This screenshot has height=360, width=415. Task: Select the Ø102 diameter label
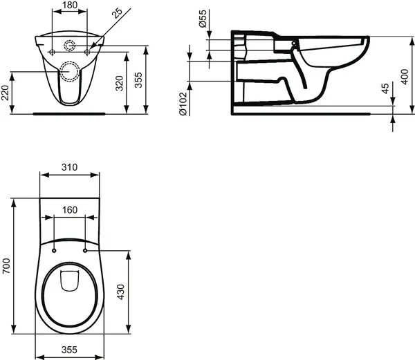[183, 103]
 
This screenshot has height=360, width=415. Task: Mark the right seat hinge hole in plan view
[86, 250]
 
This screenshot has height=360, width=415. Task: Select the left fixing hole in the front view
[55, 52]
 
